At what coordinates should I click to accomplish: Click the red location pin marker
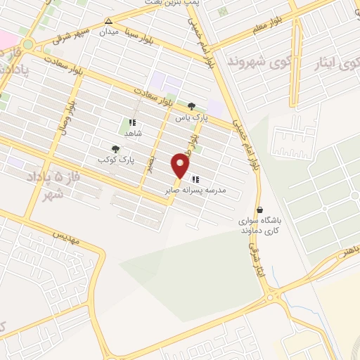click(x=181, y=166)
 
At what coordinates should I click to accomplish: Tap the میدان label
click(x=108, y=32)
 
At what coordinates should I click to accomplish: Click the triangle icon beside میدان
click(x=108, y=21)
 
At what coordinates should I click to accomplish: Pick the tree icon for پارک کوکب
click(x=115, y=149)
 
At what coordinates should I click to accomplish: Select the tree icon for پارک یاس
click(x=191, y=106)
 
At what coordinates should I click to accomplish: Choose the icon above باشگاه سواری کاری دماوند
click(x=261, y=210)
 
